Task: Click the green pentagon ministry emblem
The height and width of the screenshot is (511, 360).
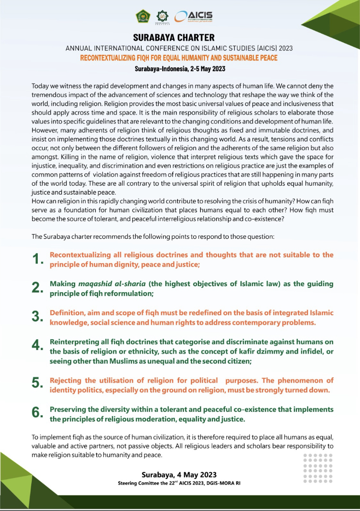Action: pyautogui.click(x=142, y=17)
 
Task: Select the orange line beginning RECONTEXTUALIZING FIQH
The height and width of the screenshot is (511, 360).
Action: pyautogui.click(x=179, y=58)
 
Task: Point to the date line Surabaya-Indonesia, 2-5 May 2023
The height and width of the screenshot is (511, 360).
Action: pyautogui.click(x=179, y=69)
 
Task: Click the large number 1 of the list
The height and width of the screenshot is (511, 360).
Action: pyautogui.click(x=38, y=260)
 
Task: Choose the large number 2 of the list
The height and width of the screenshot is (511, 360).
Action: pyautogui.click(x=38, y=288)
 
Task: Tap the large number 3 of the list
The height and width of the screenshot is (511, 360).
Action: pyautogui.click(x=38, y=317)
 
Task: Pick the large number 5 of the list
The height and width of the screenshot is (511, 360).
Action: pyautogui.click(x=38, y=383)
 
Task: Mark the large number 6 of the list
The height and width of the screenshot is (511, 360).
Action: pyautogui.click(x=38, y=413)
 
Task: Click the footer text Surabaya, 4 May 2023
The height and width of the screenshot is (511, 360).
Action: pyautogui.click(x=179, y=474)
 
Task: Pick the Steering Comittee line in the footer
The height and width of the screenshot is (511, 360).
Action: pyautogui.click(x=179, y=483)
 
